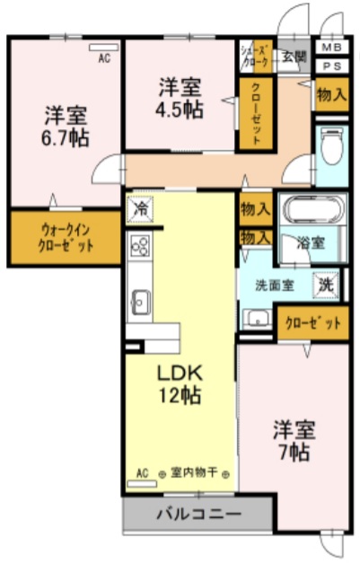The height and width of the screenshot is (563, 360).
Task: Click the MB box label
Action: click(330, 47)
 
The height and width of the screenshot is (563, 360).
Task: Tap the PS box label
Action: click(330, 65)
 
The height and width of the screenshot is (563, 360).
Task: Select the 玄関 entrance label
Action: click(294, 55)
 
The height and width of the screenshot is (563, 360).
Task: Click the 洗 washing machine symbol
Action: click(328, 284)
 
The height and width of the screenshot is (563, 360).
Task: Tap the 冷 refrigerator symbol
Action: click(140, 207)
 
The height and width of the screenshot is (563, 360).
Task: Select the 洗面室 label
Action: click(275, 286)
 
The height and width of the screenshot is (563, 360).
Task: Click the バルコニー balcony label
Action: click(198, 515)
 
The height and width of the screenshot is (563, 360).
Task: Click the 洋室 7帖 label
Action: click(293, 440)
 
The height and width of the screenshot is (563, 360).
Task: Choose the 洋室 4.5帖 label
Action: click(180, 98)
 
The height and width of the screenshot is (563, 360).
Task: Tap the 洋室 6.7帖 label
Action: click(66, 126)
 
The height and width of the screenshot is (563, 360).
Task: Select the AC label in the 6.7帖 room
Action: click(103, 58)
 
